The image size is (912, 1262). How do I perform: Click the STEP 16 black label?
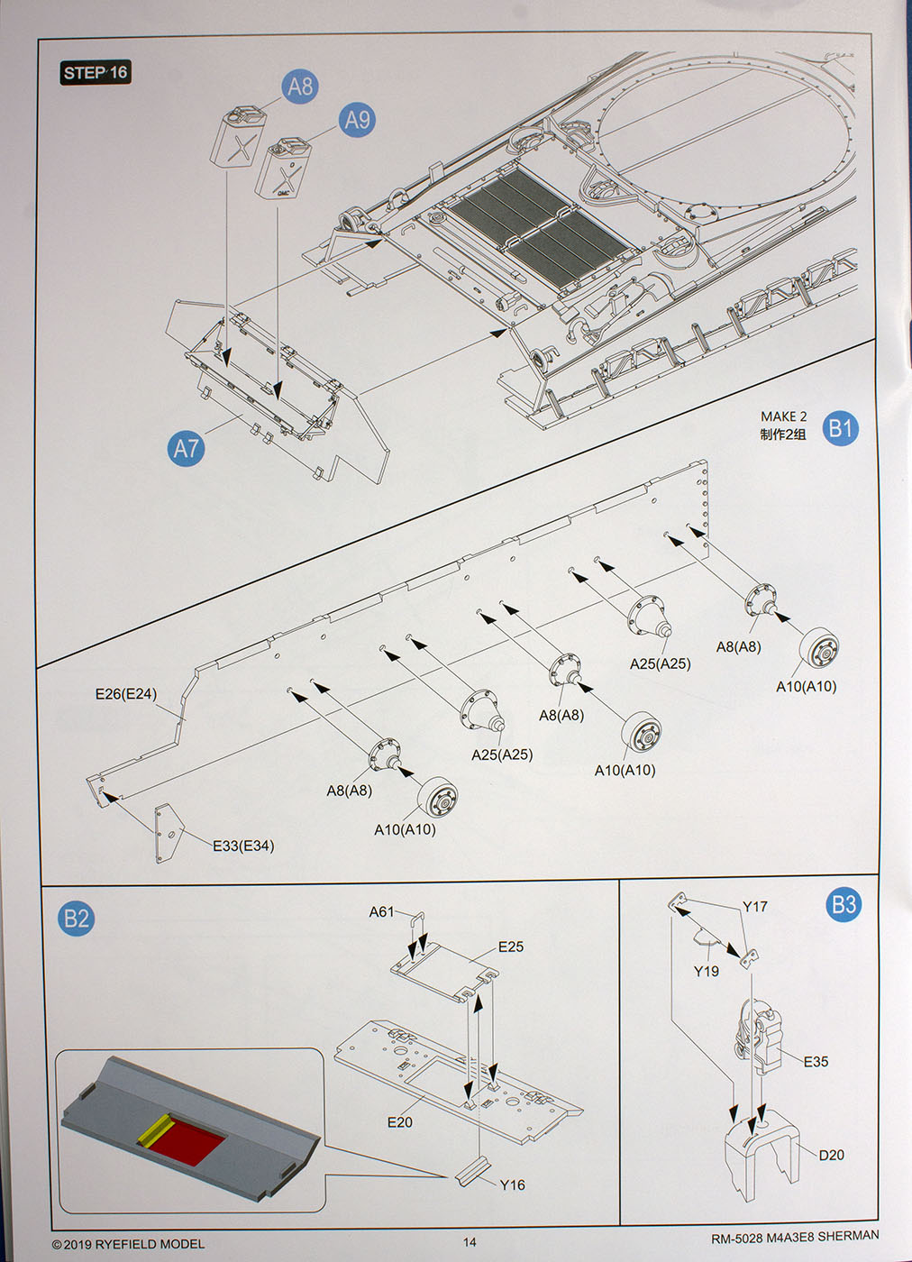(96, 73)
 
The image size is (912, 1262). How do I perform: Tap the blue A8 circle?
(300, 87)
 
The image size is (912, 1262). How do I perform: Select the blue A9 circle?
(357, 120)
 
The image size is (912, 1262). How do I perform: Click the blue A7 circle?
(186, 448)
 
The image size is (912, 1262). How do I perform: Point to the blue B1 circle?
(840, 427)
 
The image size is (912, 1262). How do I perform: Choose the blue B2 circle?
(77, 919)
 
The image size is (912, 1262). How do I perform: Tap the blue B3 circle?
(844, 905)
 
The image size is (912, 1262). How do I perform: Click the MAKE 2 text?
(783, 416)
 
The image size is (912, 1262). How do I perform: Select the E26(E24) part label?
(126, 694)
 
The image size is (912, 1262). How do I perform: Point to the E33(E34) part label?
(243, 846)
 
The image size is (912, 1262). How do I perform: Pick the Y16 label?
(512, 1184)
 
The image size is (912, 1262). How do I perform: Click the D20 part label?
(831, 1155)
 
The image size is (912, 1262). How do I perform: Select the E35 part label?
(816, 1062)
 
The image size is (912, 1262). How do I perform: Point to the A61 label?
(381, 912)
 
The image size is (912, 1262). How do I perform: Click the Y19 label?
(707, 971)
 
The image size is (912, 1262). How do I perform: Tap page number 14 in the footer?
(470, 1242)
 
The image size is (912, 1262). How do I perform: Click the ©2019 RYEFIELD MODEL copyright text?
(128, 1244)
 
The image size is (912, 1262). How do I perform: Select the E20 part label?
(400, 1122)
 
